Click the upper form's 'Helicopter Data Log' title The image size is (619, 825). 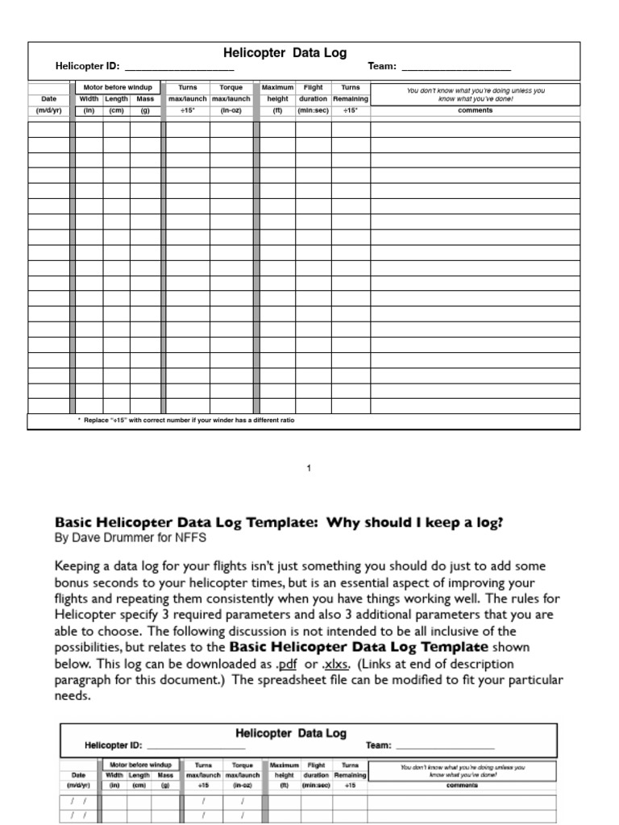tap(285, 53)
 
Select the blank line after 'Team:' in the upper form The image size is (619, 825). tap(455, 68)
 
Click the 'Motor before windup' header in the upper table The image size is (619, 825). tap(118, 87)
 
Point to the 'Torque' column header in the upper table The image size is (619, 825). tap(231, 87)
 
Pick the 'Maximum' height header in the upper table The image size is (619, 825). tap(277, 87)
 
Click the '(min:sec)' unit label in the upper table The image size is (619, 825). tap(313, 110)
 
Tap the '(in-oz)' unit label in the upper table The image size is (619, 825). tap(231, 110)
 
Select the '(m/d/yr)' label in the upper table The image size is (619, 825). tap(48, 110)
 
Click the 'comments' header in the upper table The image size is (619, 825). tap(475, 110)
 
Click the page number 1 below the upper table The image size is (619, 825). tap(309, 468)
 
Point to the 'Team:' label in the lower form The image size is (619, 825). tap(378, 745)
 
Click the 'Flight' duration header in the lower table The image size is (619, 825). tap(316, 765)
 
